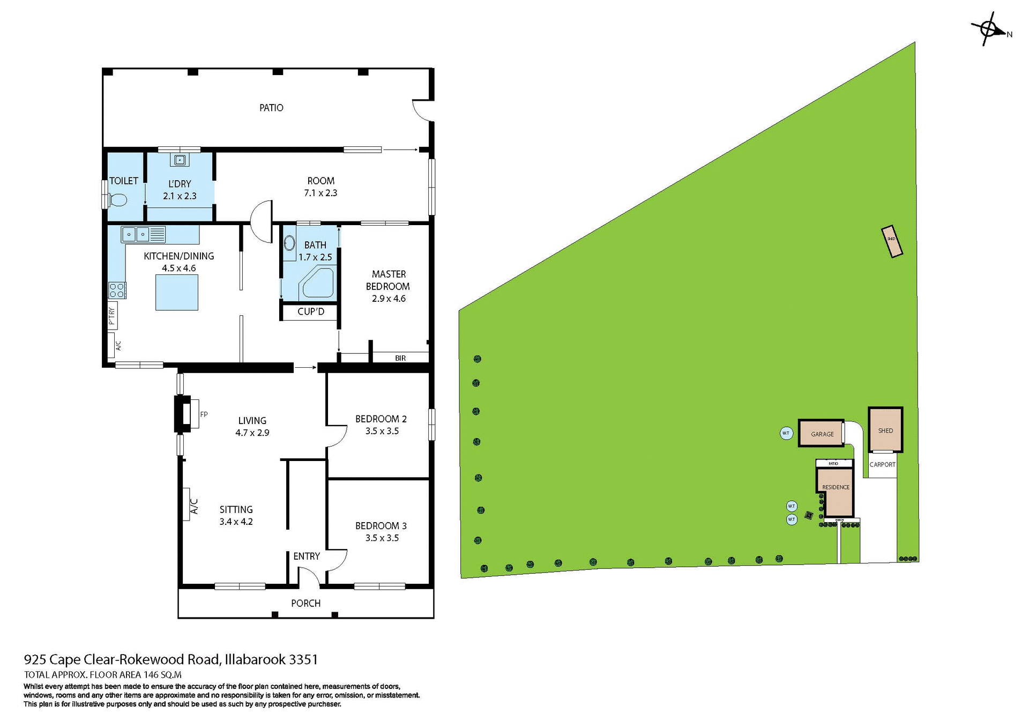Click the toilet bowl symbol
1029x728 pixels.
coord(117,200)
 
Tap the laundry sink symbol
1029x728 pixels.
coord(180,160)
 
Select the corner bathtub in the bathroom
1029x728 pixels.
coord(318,283)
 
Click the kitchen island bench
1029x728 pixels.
coord(177,292)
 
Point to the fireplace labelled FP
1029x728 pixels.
coord(187,414)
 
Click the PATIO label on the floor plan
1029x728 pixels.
coord(271,108)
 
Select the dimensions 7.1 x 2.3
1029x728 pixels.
coord(320,193)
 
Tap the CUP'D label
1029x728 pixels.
coord(311,311)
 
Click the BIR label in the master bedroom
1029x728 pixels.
coord(400,358)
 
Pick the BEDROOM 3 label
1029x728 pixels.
coord(381,526)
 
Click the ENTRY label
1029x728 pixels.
coord(307,556)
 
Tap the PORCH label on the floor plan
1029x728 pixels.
coord(305,603)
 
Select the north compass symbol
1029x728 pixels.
coord(989,29)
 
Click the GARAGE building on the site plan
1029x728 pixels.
coord(821,433)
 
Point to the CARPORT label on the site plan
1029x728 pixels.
coord(882,464)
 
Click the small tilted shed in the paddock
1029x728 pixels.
coord(892,241)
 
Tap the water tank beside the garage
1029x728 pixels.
coord(786,433)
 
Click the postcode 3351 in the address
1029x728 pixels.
coord(303,659)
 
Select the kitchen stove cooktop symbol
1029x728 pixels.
coord(117,290)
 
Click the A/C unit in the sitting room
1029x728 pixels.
coord(188,504)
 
